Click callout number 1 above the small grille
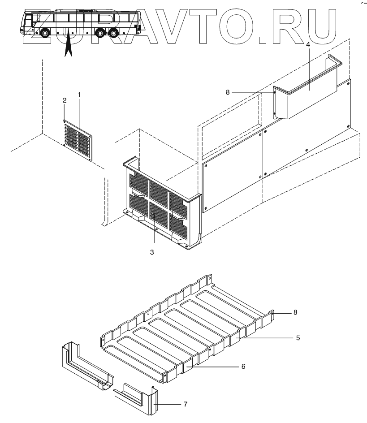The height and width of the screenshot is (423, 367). [79, 95]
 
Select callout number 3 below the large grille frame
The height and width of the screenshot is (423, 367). [152, 253]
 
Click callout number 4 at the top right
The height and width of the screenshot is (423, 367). [307, 45]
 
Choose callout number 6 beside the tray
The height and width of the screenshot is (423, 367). [243, 366]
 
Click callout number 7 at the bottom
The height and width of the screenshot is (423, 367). [185, 404]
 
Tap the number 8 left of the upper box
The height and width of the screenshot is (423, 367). [228, 92]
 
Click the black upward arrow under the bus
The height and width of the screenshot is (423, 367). [68, 47]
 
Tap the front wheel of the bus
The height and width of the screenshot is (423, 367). [45, 33]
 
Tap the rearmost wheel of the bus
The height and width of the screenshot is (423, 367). [115, 33]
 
